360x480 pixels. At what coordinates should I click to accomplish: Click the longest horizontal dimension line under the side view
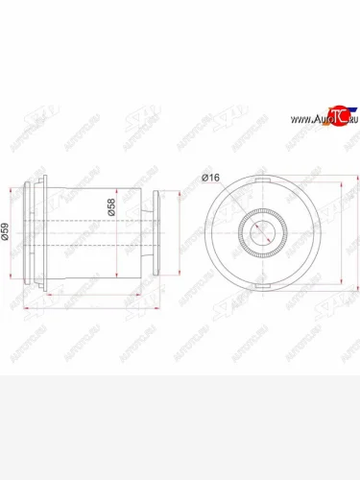pyautogui.click(x=96, y=308)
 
